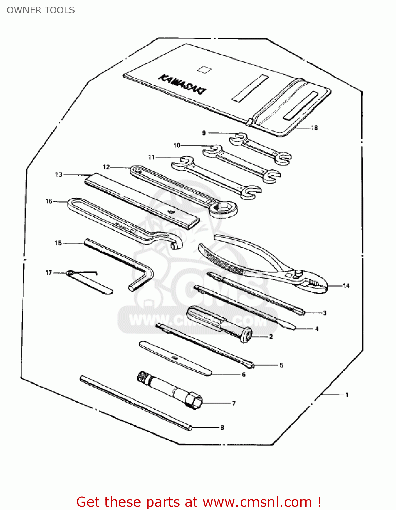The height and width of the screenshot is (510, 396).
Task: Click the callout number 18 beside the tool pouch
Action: click(314, 128)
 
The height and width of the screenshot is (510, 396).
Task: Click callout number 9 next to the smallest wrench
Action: click(204, 133)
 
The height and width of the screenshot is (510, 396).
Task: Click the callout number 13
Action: click(59, 175)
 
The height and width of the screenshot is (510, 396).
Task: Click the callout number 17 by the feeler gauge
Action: click(49, 273)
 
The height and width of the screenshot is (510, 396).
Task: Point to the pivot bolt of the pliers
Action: click(298, 272)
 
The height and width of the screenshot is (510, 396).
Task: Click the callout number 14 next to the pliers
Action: click(346, 286)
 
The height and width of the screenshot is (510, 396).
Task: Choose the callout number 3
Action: click(325, 313)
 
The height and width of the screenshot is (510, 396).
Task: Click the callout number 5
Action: click(281, 365)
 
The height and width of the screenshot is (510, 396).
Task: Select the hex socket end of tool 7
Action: click(194, 401)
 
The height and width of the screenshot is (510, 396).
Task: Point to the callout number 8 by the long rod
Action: click(222, 428)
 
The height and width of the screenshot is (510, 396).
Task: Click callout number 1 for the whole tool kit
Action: click(347, 395)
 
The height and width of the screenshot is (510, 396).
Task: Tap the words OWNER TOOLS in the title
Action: click(41, 10)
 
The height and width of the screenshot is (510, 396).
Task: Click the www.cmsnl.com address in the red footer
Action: click(257, 502)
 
